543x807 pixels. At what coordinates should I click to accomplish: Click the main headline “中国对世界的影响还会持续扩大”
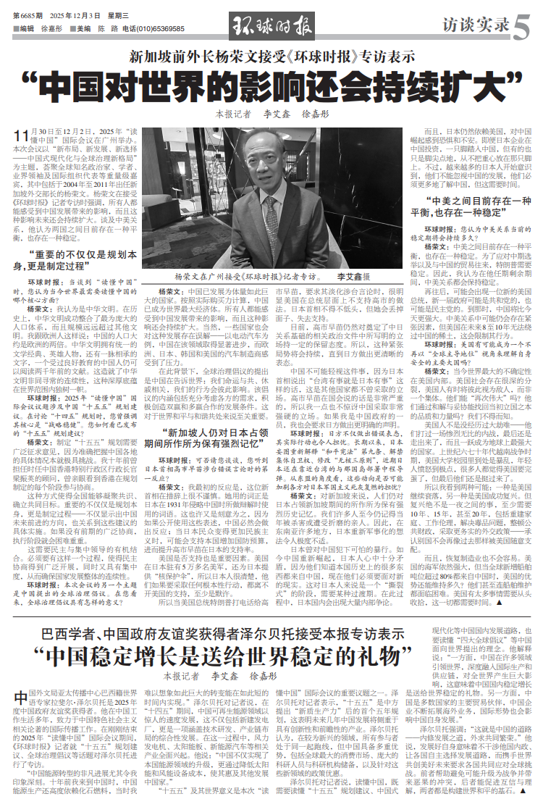point(271,85)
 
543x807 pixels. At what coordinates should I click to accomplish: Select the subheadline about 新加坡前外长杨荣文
point(271,56)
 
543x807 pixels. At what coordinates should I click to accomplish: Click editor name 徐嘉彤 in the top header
point(51,28)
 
